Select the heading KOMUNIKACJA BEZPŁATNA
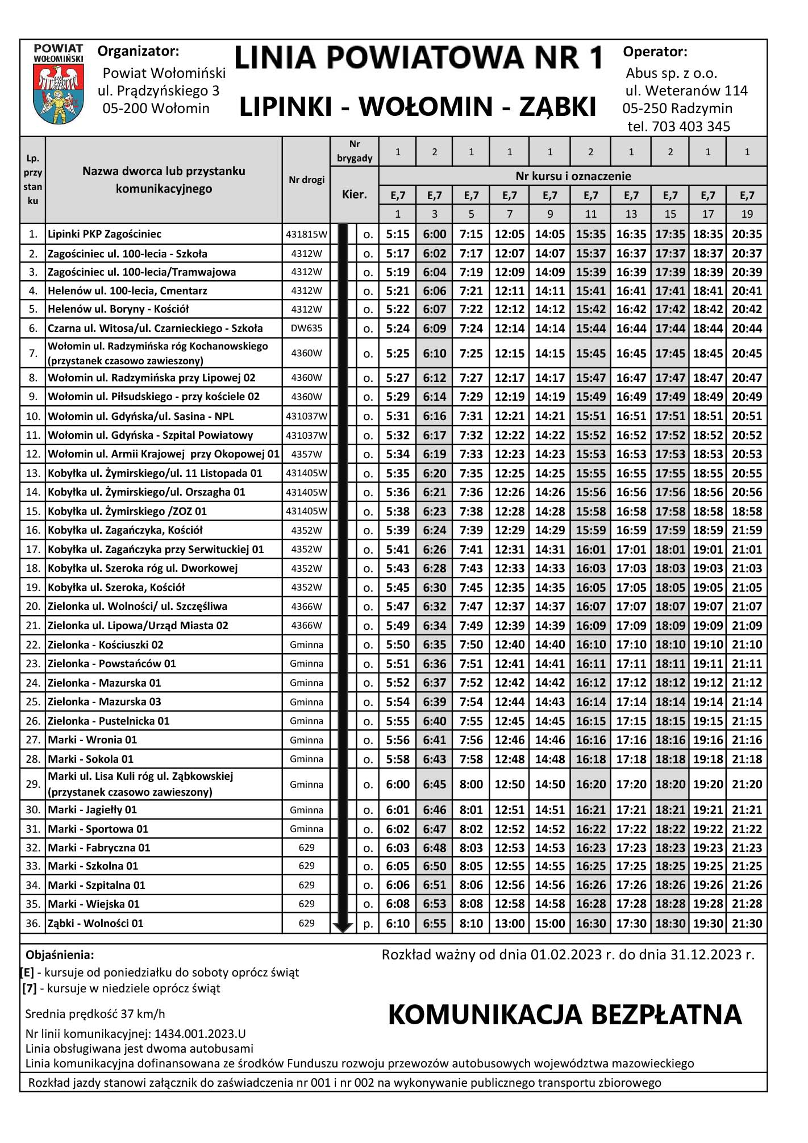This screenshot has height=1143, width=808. [565, 1015]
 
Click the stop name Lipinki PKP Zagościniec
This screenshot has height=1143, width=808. [105, 234]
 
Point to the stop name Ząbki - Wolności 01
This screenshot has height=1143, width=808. [95, 923]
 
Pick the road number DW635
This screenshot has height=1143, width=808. [306, 329]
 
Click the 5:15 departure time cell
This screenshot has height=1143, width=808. [398, 234]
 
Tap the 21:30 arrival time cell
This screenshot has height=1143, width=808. [747, 924]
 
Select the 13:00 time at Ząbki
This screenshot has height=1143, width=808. [509, 924]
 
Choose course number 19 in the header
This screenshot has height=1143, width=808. [747, 214]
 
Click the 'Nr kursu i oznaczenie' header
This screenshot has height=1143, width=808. [573, 176]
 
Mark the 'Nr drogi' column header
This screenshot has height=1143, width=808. [306, 180]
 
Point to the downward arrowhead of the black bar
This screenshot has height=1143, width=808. [343, 927]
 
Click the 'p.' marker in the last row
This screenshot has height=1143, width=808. [368, 924]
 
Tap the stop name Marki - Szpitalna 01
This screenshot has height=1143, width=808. [97, 885]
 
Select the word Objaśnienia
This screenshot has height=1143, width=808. [60, 955]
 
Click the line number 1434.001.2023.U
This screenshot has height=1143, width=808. [200, 1034]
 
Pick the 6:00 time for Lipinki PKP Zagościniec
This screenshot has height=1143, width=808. [435, 234]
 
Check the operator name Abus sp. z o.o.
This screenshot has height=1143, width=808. [671, 73]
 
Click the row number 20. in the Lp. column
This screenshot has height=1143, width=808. [33, 606]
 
